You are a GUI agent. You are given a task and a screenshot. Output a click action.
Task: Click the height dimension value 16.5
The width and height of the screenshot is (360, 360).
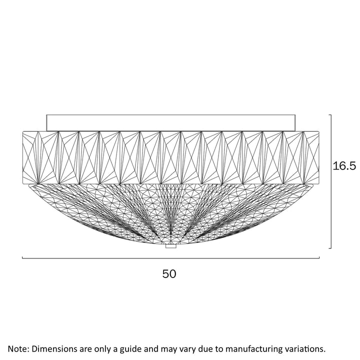(x=344, y=166)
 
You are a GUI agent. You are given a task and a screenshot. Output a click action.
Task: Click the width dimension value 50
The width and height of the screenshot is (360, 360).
(x=169, y=274)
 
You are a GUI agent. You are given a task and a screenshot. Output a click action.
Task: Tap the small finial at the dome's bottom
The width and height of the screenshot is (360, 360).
(x=171, y=246)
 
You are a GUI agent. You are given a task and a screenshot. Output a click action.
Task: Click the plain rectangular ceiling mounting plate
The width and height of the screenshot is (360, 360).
(x=171, y=123)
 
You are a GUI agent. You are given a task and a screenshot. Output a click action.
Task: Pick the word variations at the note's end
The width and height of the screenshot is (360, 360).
(x=301, y=349)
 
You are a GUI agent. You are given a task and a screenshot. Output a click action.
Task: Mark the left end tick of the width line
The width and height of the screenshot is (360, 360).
(x=22, y=257)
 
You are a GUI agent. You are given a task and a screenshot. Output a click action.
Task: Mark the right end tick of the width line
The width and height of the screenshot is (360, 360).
(x=319, y=257)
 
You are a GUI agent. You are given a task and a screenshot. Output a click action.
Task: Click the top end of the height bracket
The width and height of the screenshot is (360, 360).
(x=329, y=115)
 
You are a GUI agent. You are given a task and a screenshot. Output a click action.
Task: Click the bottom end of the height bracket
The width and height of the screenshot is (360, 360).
(x=329, y=248)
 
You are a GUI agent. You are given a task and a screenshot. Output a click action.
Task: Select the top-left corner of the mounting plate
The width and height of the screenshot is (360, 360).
(x=46, y=115)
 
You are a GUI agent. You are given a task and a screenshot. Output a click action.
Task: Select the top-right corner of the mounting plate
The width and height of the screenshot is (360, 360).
(x=295, y=115)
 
